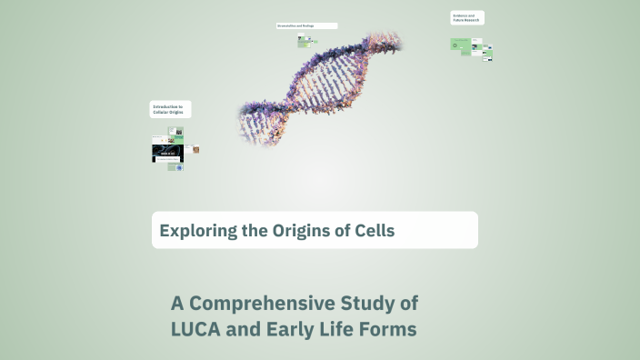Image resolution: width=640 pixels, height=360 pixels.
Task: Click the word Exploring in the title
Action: pyautogui.click(x=189, y=230)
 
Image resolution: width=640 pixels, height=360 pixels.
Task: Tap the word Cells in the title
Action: pyautogui.click(x=373, y=230)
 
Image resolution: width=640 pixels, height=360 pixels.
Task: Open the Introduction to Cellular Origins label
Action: pyautogui.click(x=170, y=109)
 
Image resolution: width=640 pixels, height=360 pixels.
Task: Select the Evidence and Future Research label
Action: pyautogui.click(x=466, y=18)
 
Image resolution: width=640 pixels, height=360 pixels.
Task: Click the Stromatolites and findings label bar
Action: pyautogui.click(x=306, y=25)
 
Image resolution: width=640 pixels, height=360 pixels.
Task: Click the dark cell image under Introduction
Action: pyautogui.click(x=167, y=154)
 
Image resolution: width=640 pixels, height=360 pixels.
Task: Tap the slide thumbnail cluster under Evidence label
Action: pyautogui.click(x=471, y=47)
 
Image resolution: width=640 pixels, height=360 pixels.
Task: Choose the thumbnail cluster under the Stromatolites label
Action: pyautogui.click(x=305, y=41)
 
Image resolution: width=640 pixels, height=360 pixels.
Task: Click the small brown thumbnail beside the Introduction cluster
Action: pyautogui.click(x=195, y=149)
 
